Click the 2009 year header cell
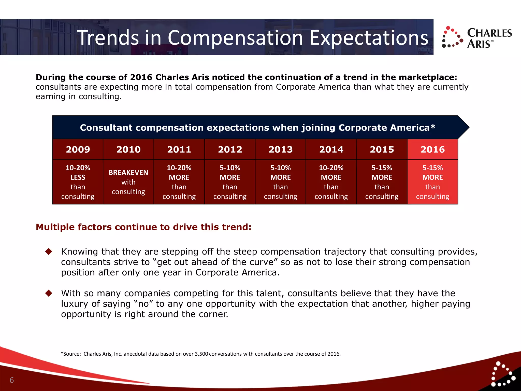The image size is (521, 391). (78, 149)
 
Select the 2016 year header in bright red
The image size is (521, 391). (432, 149)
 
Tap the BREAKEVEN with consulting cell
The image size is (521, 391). (128, 182)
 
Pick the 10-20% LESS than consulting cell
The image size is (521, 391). (78, 182)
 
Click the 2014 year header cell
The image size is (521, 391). (331, 149)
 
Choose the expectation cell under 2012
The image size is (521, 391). (230, 182)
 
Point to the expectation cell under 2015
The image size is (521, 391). (382, 182)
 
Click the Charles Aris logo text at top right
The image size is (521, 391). (489, 38)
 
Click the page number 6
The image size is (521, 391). (12, 380)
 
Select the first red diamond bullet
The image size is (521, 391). (49, 252)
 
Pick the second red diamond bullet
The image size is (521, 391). (49, 293)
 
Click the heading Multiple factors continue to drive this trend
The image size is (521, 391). (143, 227)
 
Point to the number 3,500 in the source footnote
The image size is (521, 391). (201, 354)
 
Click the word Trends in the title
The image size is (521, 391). (108, 38)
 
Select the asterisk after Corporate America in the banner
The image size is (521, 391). (433, 127)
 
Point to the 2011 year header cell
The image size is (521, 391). (179, 149)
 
